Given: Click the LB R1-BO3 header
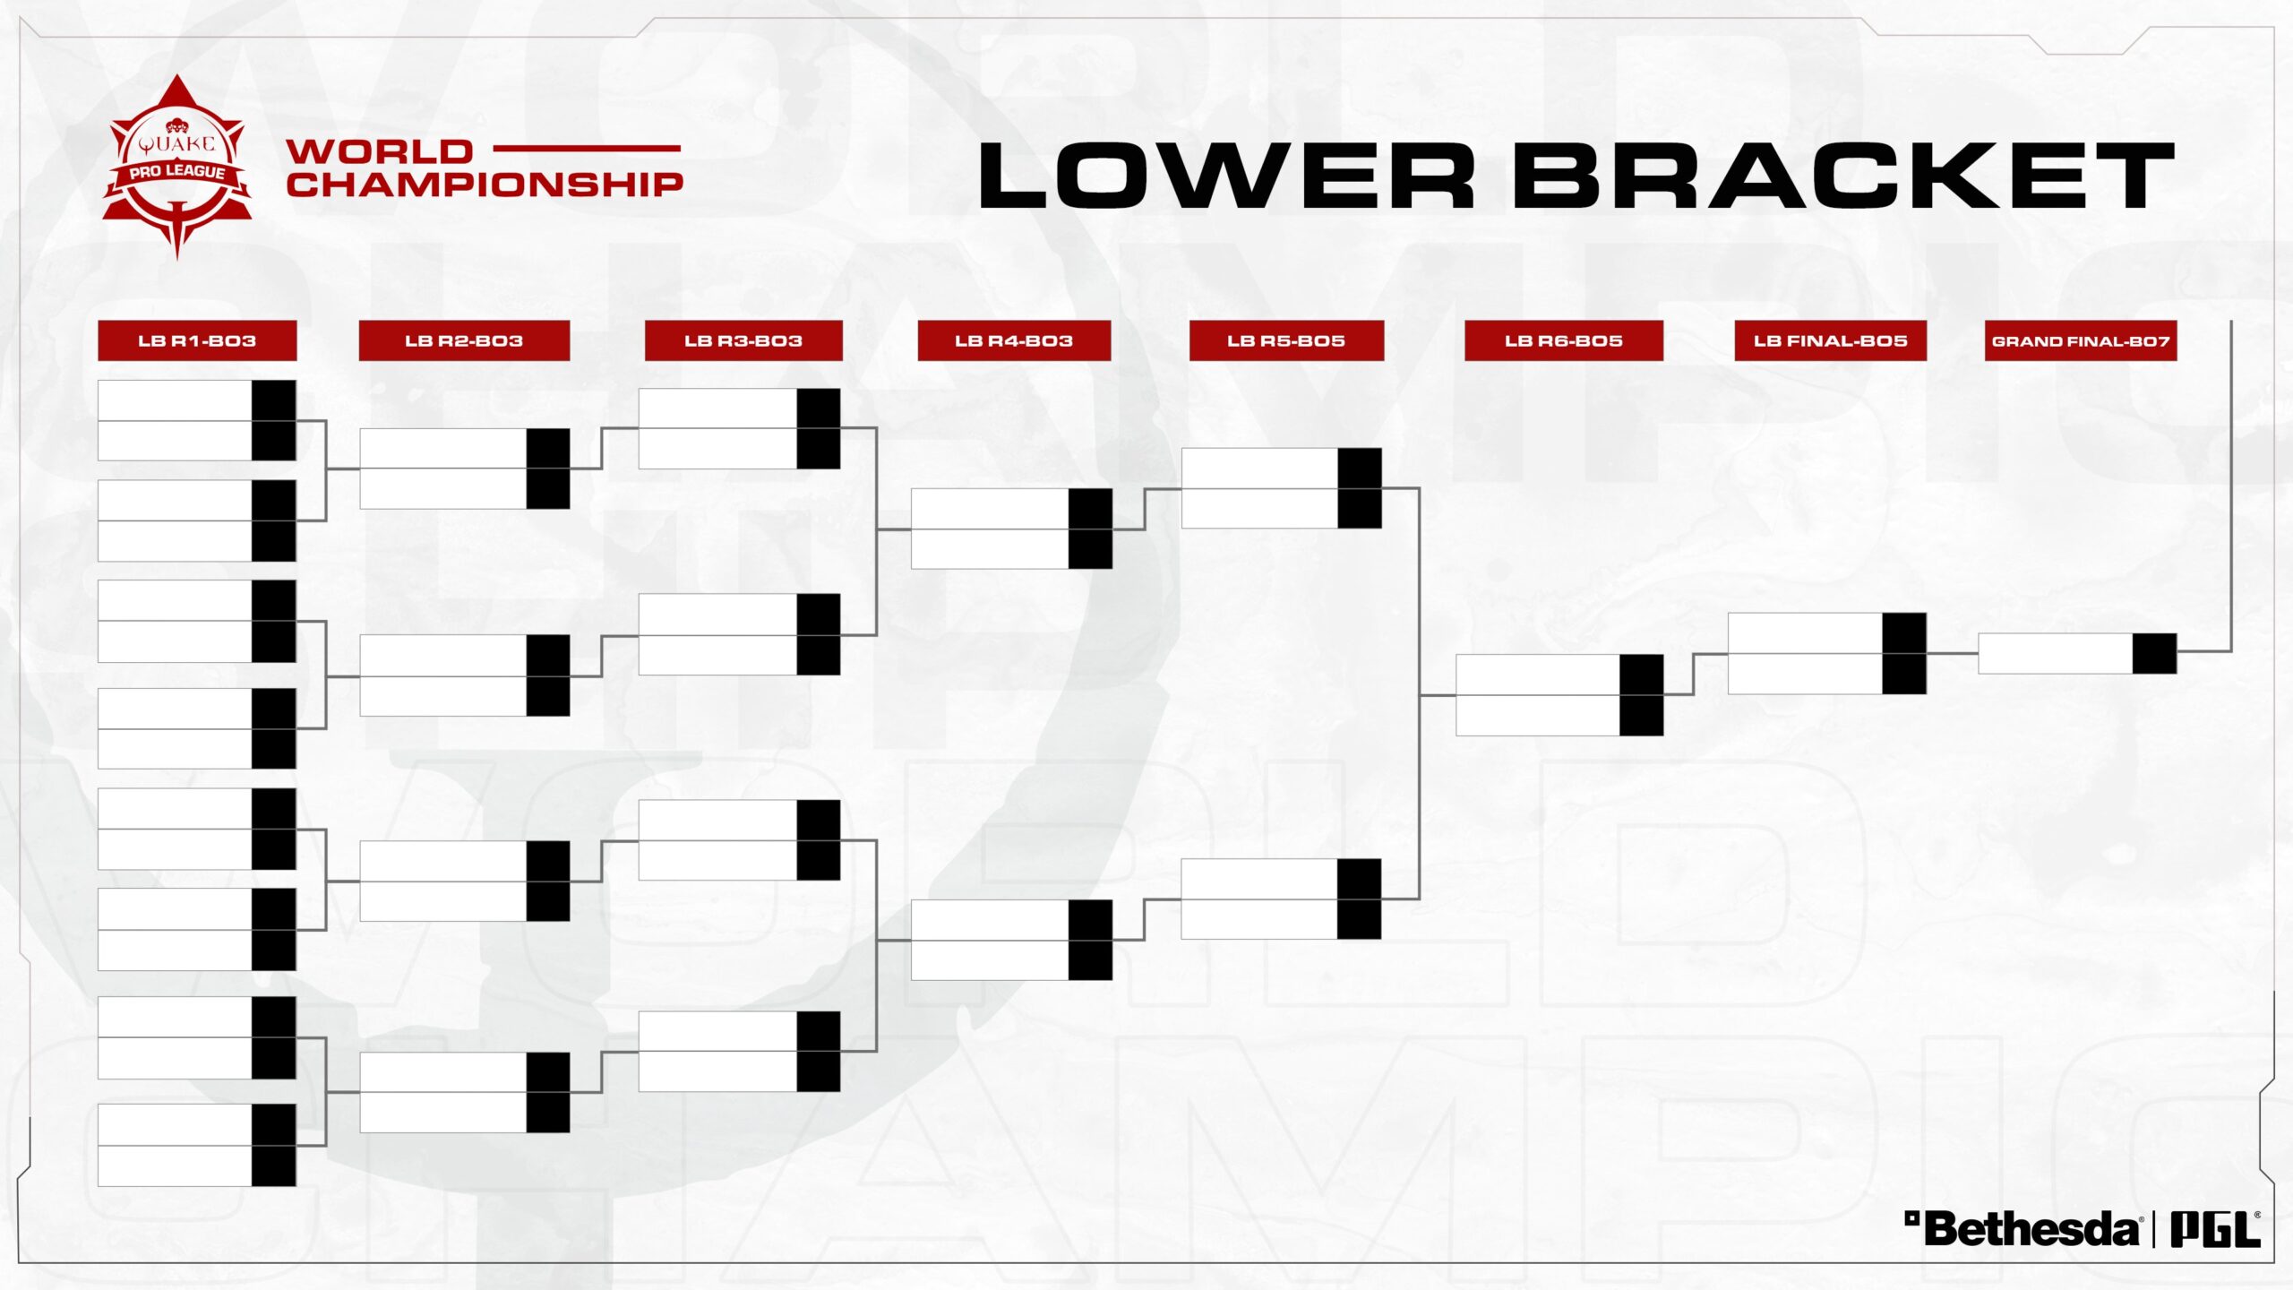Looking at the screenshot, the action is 197,340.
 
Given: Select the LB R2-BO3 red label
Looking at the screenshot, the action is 464,340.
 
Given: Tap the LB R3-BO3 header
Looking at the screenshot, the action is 743,340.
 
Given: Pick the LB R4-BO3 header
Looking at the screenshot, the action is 1014,340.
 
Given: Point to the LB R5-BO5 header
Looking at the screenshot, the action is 1286,340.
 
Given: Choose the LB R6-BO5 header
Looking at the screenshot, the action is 1564,340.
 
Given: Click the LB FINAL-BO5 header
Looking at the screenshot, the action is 1831,340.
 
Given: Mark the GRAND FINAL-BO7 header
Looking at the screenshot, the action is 2081,340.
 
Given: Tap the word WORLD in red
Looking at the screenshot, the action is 380,151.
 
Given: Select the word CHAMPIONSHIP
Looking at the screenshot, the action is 485,185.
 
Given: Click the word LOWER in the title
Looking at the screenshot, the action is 1226,175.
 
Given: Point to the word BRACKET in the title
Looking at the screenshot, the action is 1844,175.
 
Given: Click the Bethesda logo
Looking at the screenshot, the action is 2022,1228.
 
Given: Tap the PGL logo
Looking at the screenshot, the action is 2215,1228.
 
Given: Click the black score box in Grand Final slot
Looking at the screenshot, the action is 2154,653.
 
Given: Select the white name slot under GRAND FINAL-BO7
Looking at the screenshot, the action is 2056,653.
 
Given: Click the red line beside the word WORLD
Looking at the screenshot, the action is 587,149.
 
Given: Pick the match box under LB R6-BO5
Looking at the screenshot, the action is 1559,695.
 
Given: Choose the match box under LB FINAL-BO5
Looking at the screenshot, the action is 1827,653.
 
